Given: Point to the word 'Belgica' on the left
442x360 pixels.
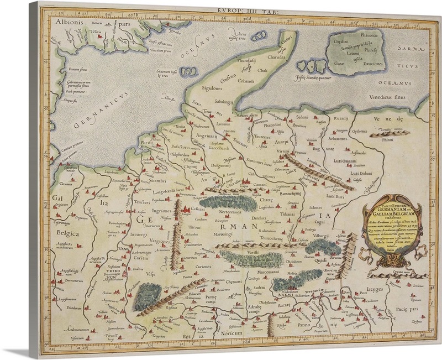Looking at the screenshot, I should click(65, 234).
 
